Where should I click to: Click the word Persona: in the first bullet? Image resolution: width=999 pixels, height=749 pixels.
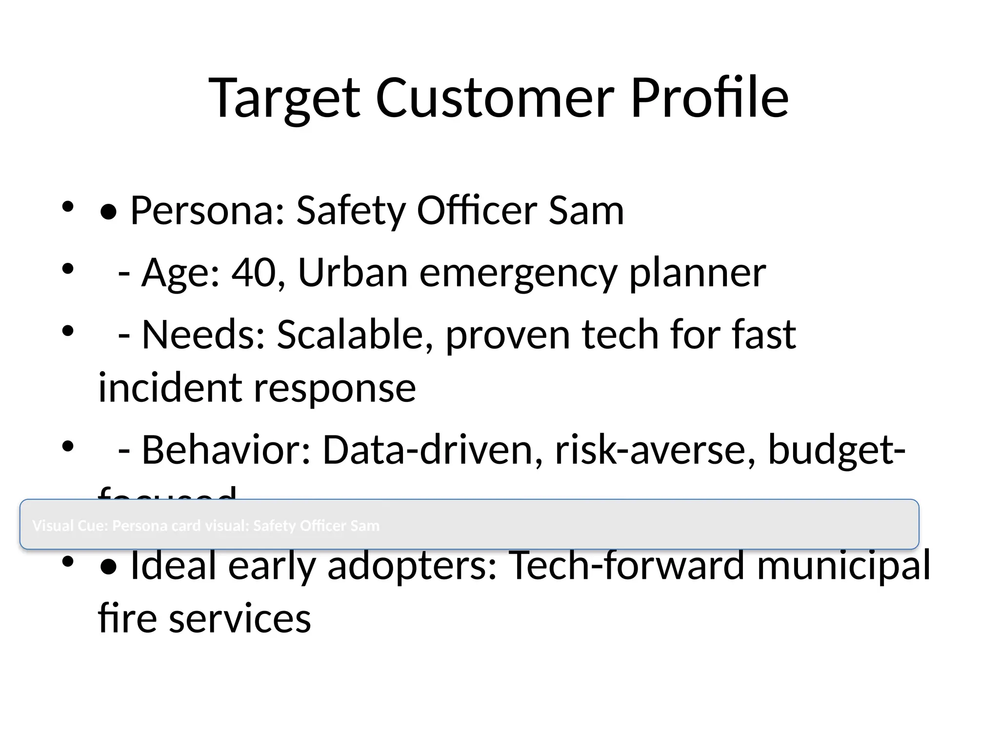pos(207,211)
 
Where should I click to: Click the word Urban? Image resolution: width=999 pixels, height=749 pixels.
pos(352,273)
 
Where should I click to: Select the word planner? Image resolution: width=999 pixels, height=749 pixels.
pos(697,273)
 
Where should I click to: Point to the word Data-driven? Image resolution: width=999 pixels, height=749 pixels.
pos(432,450)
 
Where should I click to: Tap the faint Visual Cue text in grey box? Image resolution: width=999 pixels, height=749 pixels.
pos(205,526)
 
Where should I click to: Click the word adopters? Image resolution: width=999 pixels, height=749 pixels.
pos(412,565)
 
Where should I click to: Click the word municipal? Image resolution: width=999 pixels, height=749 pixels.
pos(843,565)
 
